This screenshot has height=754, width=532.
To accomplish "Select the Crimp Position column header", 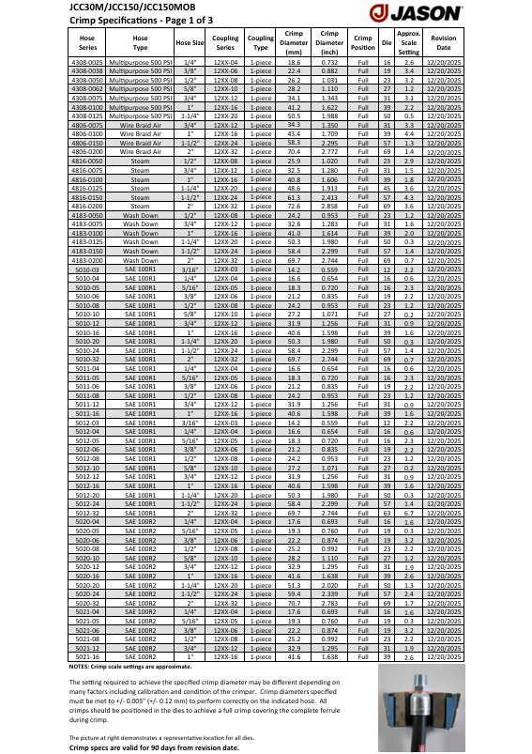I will point(363,42).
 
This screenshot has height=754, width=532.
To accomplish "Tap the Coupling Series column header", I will point(225,42).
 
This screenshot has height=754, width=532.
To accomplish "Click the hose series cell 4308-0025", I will point(87,61).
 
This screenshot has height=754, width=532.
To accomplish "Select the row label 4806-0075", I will point(87,125).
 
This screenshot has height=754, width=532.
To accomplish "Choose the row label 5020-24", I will point(87,594).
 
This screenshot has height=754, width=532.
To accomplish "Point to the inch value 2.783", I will point(329,602).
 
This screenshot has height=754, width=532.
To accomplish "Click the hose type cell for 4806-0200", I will point(140,151).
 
